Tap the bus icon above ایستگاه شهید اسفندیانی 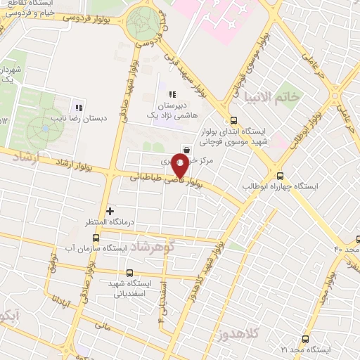(x=129, y=273)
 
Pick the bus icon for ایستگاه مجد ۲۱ (x=305, y=338)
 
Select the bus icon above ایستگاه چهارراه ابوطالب (x=281, y=176)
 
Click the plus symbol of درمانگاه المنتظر (x=110, y=210)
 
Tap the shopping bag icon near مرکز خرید (x=186, y=148)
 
